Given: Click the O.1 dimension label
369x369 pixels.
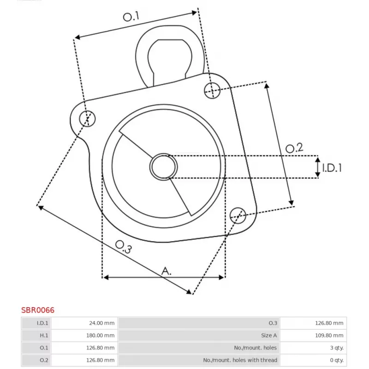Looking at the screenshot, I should [x=131, y=17].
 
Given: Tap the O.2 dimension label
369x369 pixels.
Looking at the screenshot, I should [x=294, y=148].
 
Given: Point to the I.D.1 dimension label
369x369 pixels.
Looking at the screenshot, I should [x=332, y=167].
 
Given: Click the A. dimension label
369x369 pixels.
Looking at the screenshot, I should [x=166, y=271].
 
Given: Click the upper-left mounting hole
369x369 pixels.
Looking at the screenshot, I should [x=87, y=119].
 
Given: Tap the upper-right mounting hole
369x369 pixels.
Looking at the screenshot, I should [x=212, y=90].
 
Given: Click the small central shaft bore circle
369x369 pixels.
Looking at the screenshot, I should [x=164, y=167].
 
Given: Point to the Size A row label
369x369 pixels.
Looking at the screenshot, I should [x=268, y=335].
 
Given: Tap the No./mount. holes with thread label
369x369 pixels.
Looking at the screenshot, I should [x=240, y=360].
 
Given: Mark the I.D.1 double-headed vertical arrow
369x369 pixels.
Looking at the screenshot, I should [x=318, y=167].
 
